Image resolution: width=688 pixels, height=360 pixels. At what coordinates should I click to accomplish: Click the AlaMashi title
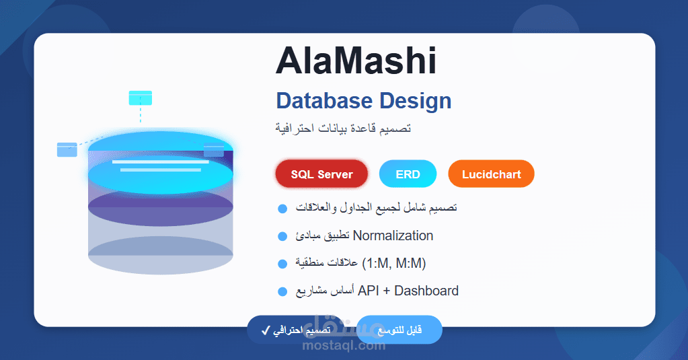356,61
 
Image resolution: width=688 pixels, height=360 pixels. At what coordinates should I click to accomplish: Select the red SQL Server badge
321,174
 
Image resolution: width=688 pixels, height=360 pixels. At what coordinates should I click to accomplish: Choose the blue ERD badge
408,174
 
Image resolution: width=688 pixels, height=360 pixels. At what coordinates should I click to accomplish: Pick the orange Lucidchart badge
491,174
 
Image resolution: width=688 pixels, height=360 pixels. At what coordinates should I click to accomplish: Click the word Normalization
393,236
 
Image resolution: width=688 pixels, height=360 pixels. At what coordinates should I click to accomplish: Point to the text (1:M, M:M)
393,263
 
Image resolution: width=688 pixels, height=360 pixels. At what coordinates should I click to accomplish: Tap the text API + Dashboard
408,291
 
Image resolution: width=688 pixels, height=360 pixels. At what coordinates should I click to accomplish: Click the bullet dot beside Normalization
282,236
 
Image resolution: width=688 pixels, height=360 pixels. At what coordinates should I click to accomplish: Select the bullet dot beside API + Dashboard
282,291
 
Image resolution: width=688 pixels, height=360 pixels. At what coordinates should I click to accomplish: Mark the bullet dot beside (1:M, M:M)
282,264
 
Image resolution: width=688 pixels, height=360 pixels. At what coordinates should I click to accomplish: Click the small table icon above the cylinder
140,98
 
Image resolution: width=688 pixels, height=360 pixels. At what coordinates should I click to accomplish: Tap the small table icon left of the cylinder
67,149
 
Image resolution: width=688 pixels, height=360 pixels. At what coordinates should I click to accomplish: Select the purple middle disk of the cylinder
161,209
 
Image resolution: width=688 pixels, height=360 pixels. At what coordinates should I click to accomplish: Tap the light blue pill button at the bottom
399,330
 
